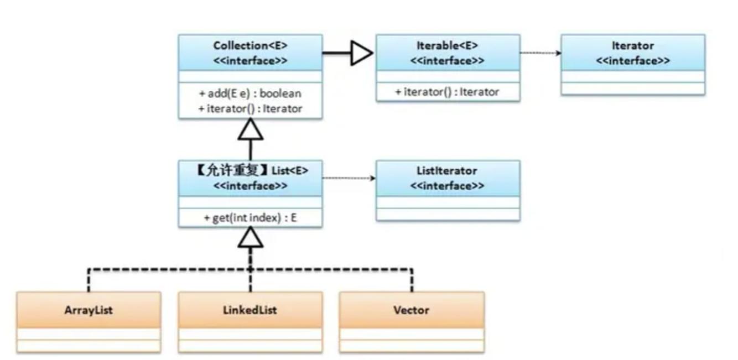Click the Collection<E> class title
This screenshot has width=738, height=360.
coord(250,46)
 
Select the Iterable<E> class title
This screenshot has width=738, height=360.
coord(447,46)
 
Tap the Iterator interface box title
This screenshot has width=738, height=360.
coord(632,46)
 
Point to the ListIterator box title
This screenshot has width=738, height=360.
coord(447,171)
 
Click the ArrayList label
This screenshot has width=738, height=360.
coord(89,310)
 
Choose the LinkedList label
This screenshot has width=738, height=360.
coord(250,310)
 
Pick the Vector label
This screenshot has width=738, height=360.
coord(412,310)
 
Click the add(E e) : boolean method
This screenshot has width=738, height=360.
coord(250,93)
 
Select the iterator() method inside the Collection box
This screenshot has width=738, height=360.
coord(250,109)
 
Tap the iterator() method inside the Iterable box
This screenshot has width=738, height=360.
coord(447,92)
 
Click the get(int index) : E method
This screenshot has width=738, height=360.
coord(250,218)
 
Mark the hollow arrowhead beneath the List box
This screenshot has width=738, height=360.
coord(251,238)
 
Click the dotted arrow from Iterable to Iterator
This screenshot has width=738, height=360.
coord(540,53)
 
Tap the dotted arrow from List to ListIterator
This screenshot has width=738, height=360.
coord(349,178)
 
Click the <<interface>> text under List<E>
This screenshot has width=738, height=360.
coord(250,186)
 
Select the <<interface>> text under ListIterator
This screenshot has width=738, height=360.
coord(447,186)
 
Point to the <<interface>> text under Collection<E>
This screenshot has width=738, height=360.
coord(250,61)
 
